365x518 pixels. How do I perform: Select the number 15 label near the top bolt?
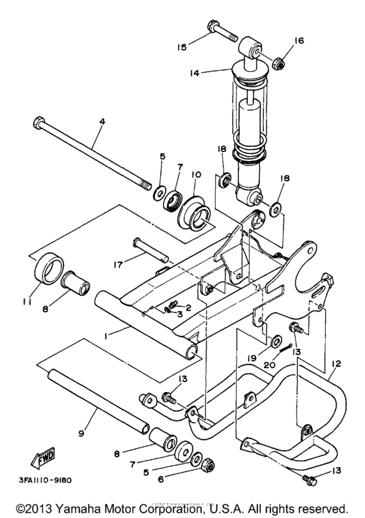pyautogui.click(x=182, y=46)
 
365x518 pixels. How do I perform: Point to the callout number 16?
pyautogui.click(x=299, y=40)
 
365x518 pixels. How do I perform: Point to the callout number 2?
pyautogui.click(x=188, y=307)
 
